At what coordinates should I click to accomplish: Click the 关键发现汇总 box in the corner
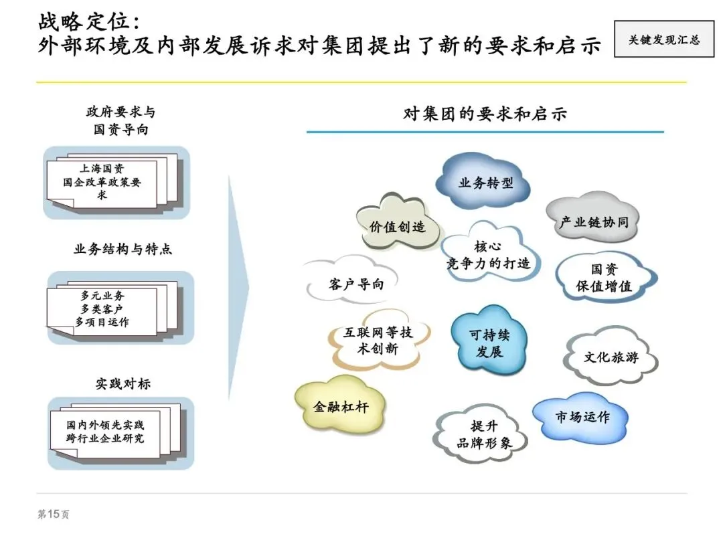tap(663, 39)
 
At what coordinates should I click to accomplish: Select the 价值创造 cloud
tap(397, 226)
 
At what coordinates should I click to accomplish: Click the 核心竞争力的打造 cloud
tap(488, 255)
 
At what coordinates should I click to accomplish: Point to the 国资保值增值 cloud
tap(605, 278)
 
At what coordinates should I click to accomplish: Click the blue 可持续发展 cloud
tap(489, 343)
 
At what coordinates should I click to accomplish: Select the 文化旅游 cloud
tap(611, 357)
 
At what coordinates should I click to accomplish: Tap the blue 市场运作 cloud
tap(582, 417)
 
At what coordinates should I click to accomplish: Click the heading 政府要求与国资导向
tap(120, 120)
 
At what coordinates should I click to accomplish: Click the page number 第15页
tap(53, 515)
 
